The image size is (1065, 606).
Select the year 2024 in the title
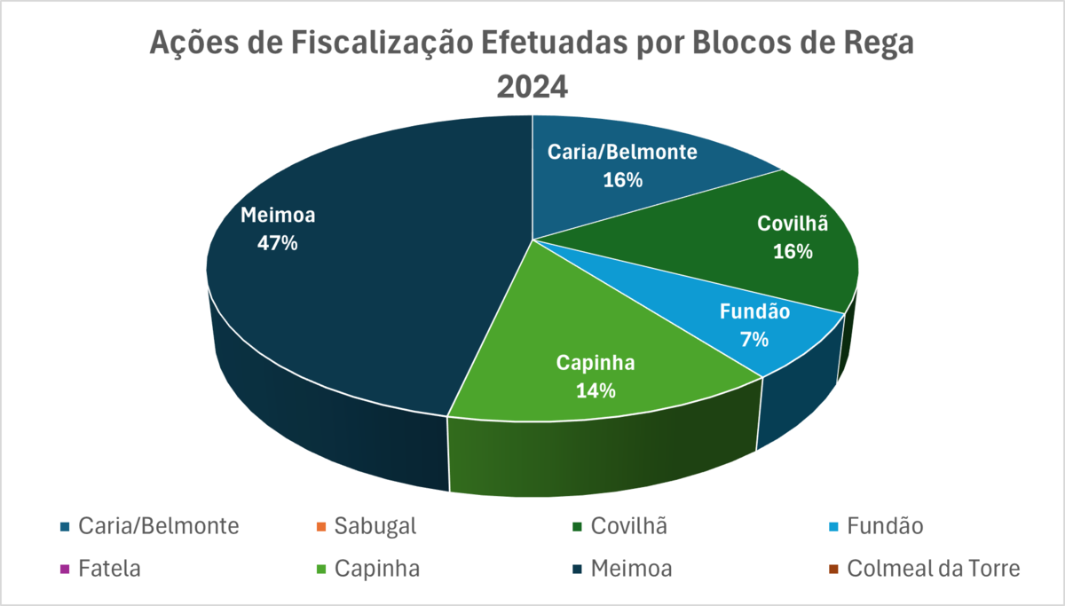pyautogui.click(x=532, y=87)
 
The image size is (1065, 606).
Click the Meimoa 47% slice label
pyautogui.click(x=277, y=229)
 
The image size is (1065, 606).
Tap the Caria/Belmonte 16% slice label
pyautogui.click(x=621, y=165)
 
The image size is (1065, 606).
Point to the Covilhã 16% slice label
pyautogui.click(x=793, y=238)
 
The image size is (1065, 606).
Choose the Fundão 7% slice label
pyautogui.click(x=754, y=325)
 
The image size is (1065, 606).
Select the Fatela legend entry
pyautogui.click(x=109, y=568)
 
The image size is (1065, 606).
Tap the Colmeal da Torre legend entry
pyautogui.click(x=934, y=568)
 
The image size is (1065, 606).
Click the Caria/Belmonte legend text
pyautogui.click(x=159, y=526)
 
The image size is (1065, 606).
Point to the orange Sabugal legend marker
pyautogui.click(x=320, y=527)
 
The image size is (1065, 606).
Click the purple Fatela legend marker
pyautogui.click(x=64, y=569)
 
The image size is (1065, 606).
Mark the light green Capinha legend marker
pyautogui.click(x=320, y=569)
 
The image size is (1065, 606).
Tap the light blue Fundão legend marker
pyautogui.click(x=832, y=527)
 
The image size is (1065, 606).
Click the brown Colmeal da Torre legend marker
pyautogui.click(x=832, y=569)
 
